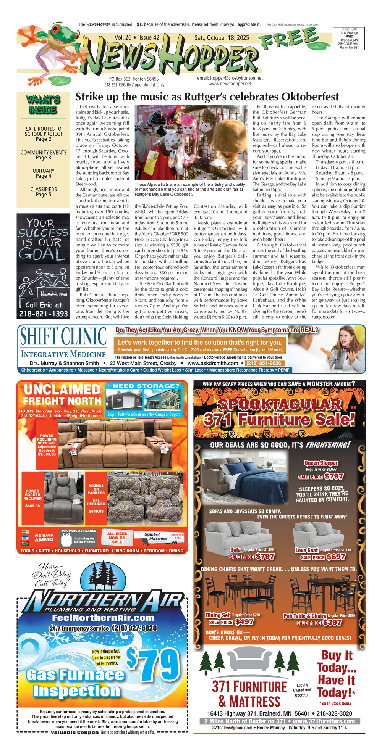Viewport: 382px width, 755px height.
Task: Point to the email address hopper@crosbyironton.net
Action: [x=230, y=78]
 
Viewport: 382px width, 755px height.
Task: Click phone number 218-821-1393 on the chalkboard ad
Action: [x=43, y=314]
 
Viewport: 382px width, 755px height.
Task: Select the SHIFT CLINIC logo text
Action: [x=63, y=336]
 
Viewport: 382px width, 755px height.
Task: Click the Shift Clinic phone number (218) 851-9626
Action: [x=264, y=363]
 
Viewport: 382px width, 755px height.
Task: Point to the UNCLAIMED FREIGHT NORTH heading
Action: [x=62, y=395]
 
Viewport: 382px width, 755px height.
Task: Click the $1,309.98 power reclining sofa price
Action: [x=47, y=454]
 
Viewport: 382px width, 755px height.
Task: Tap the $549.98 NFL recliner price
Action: [x=96, y=511]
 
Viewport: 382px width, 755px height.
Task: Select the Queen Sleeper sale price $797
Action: [x=334, y=476]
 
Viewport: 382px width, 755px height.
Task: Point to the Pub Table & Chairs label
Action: [x=304, y=616]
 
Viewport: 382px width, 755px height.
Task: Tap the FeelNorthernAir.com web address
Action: [x=103, y=618]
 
